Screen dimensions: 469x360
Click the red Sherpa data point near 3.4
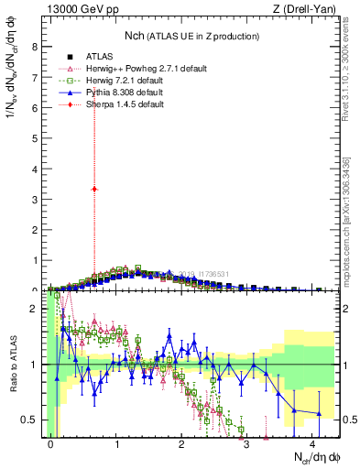[x=94, y=189]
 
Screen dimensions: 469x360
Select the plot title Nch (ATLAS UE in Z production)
[x=192, y=36]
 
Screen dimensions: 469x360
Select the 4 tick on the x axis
[x=312, y=442]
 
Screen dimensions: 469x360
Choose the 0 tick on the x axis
[x=51, y=442]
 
